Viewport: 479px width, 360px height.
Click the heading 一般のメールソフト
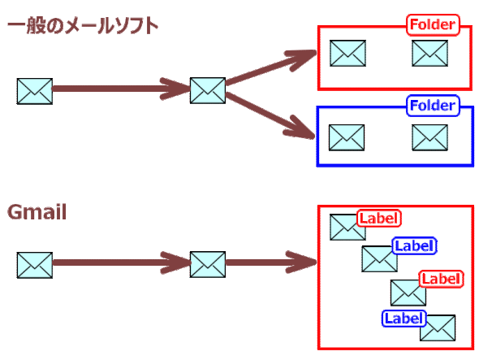click(82, 26)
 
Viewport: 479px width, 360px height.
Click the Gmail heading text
click(37, 213)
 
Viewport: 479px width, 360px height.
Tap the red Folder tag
click(433, 25)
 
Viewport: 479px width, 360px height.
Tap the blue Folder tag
click(433, 105)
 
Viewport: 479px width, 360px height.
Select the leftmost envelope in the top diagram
click(34, 91)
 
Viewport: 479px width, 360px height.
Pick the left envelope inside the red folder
click(347, 54)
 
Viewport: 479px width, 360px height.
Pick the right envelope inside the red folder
click(429, 54)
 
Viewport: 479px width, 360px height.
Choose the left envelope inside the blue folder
click(347, 137)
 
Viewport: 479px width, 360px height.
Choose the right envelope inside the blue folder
click(429, 137)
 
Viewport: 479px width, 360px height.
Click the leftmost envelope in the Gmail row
click(34, 265)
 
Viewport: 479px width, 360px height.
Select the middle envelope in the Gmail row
click(207, 264)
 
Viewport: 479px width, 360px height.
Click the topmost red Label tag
click(379, 218)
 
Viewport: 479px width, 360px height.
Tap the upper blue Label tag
click(414, 245)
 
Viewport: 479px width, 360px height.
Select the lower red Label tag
click(441, 279)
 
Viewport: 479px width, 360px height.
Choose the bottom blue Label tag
click(403, 318)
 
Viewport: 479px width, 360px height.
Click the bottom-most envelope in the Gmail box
click(437, 327)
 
